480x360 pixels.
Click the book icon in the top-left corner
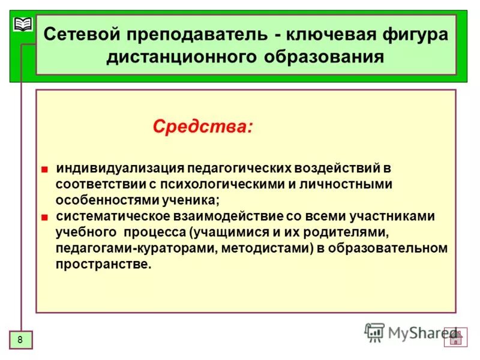click(x=23, y=25)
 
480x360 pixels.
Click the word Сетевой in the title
click(x=81, y=34)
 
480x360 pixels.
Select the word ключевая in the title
click(x=329, y=34)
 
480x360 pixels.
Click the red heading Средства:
click(x=202, y=127)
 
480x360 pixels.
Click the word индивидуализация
click(x=119, y=169)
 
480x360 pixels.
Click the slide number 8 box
click(x=20, y=340)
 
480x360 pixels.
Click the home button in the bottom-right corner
click(x=455, y=337)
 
